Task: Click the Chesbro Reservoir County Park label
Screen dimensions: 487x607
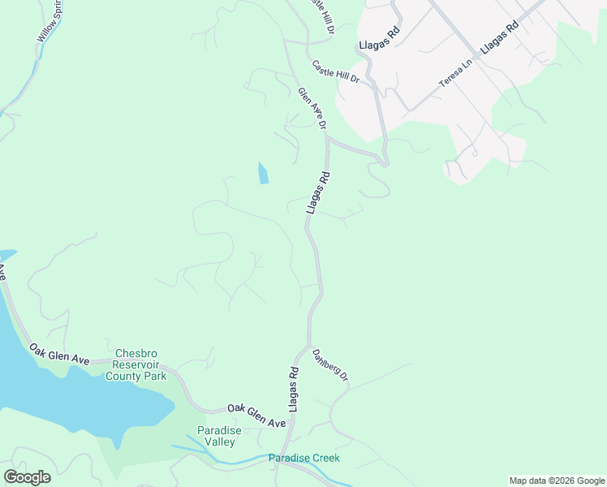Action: (x=141, y=364)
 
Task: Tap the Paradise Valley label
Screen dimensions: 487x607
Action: (x=216, y=436)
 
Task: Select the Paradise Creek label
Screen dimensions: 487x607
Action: (x=304, y=459)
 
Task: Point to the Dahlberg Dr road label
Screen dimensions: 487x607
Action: (x=330, y=365)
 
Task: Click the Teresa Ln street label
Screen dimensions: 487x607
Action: (x=455, y=73)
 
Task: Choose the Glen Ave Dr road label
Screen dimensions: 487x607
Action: (x=312, y=109)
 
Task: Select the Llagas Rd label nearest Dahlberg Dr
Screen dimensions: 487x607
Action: (x=294, y=389)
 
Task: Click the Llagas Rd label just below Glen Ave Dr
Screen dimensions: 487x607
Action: (x=319, y=192)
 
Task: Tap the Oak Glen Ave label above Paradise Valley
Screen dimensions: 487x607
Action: (x=256, y=416)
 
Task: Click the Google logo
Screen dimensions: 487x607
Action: (x=27, y=477)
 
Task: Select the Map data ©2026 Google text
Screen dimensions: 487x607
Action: (x=556, y=481)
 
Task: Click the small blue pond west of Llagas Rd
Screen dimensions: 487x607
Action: (x=263, y=173)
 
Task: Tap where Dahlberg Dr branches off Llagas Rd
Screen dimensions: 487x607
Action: (x=309, y=346)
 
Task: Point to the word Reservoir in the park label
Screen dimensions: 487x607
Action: (x=141, y=364)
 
